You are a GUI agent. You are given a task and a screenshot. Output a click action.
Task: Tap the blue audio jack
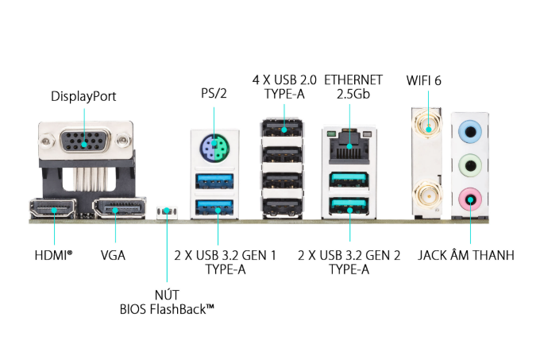point(471,129)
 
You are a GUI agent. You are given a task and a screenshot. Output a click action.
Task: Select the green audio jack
point(471,165)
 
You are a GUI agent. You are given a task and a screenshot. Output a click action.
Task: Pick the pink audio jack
point(471,199)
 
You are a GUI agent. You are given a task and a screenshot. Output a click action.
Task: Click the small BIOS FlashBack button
point(167,211)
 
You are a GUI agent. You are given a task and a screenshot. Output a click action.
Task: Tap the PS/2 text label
point(214,94)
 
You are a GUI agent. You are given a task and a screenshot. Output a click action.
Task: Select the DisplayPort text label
point(83,96)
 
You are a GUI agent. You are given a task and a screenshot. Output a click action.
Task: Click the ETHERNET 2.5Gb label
point(353,87)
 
